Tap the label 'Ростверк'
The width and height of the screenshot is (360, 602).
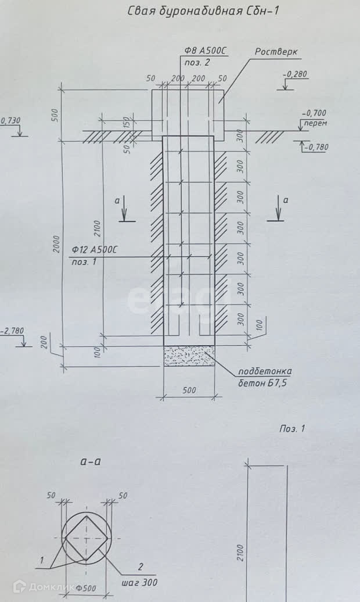pos(276,52)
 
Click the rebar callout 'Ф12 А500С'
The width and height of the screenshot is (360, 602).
pos(95,250)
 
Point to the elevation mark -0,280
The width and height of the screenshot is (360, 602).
pos(295,74)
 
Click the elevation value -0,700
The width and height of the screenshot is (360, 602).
pos(314,113)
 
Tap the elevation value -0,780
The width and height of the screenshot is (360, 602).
pos(316,147)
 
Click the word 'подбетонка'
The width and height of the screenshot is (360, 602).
pos(265,372)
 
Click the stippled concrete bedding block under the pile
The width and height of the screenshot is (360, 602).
pos(189,356)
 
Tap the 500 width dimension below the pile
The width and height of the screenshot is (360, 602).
pos(189,390)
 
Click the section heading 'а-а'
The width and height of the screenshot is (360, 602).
pos(91,462)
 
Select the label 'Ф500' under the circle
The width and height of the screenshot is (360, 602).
pos(87,587)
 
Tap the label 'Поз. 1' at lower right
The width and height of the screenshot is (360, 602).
pos(291,429)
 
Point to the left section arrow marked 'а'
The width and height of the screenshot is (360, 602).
pos(125,210)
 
